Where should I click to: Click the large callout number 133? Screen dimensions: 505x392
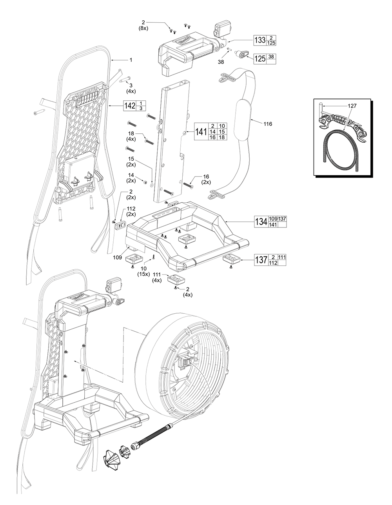coord(260,40)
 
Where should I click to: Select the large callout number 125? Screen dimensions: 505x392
coord(259,59)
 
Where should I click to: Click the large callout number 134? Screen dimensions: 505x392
coord(261,222)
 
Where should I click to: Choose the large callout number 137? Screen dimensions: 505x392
coord(261,260)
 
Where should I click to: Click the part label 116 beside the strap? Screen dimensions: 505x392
coord(268,124)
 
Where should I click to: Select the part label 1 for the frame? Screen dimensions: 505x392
coord(131,60)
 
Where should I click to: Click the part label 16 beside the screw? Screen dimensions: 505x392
coord(206,177)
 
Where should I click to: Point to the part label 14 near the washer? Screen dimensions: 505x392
coord(131,175)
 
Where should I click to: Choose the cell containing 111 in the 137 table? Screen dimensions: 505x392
coord(282,257)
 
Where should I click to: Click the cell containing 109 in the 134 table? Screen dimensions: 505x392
coord(273,218)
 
